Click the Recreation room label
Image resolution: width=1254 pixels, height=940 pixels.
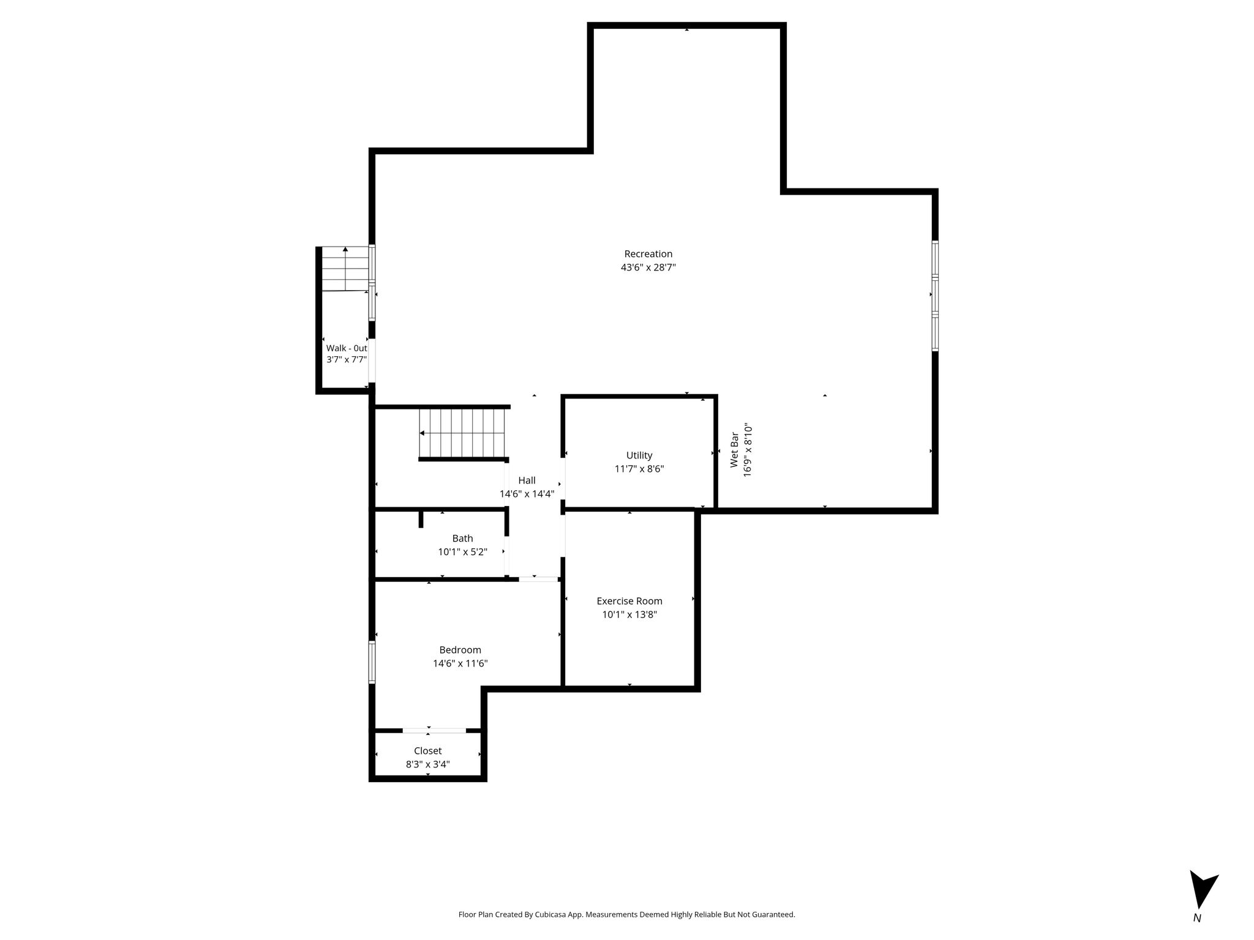tap(648, 254)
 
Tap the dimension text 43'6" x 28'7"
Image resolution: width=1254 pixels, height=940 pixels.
tap(648, 267)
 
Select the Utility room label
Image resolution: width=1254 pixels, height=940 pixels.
tap(639, 455)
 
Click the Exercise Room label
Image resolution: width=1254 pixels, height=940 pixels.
tap(629, 601)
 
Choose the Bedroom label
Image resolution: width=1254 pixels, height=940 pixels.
tap(460, 650)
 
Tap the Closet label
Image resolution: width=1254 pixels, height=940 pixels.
tap(427, 751)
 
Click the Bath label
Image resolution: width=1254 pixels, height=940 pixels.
tap(462, 539)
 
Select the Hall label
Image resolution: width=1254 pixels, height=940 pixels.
tap(527, 480)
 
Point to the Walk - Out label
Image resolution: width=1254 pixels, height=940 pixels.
tap(347, 348)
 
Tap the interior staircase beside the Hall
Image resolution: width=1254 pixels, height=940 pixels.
tap(464, 433)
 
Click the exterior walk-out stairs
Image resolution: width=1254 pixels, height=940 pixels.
tap(346, 269)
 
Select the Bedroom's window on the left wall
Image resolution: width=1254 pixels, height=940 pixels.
tap(372, 662)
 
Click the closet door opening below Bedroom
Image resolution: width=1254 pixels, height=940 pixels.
tap(434, 730)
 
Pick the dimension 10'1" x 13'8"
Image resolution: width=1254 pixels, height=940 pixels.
tap(629, 614)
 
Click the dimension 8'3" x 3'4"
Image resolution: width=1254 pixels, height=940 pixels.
tap(427, 764)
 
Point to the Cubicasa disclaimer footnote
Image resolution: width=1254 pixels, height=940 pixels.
tap(626, 915)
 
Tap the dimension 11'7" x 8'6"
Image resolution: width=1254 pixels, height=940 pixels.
tap(639, 469)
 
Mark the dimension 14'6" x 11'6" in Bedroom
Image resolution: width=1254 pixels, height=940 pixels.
tap(460, 663)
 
